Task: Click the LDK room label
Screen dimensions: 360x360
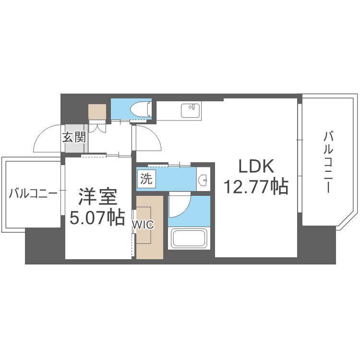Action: coord(256,167)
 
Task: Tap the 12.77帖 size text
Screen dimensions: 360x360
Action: coord(255,186)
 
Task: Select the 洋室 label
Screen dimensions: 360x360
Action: coord(97,197)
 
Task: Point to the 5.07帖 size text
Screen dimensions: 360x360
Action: coord(97,218)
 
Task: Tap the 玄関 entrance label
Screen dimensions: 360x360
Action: coord(74,138)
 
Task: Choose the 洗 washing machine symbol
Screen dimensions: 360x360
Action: coord(146,179)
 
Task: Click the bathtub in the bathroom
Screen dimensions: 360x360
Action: coord(189,239)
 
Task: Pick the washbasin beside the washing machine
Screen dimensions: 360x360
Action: coord(204,179)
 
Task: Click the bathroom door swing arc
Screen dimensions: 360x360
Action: coord(180,204)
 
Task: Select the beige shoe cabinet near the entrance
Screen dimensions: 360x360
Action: coord(97,112)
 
